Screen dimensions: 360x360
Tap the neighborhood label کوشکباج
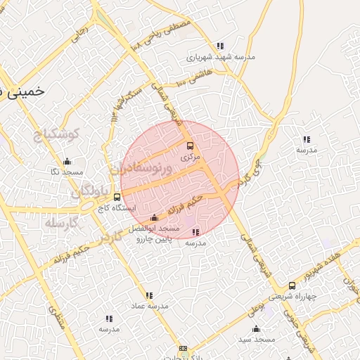[x=58, y=134]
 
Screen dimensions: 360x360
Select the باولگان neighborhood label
[x=91, y=192]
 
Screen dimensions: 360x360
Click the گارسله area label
[x=59, y=223]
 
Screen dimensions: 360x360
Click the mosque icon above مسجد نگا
[x=67, y=161]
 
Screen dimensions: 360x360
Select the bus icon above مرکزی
[x=189, y=146]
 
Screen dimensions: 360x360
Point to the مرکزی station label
[x=190, y=157]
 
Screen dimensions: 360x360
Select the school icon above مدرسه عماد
[x=148, y=295]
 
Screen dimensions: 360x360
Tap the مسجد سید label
[x=255, y=340]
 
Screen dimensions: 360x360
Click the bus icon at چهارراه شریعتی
[x=292, y=285]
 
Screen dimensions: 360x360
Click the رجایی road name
[x=82, y=32]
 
